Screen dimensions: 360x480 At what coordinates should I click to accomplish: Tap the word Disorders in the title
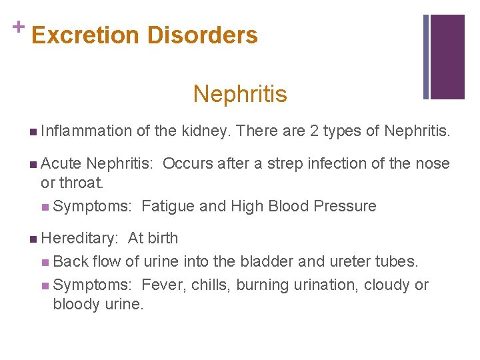click(203, 35)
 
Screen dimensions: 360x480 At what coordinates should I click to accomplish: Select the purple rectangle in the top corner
click(447, 57)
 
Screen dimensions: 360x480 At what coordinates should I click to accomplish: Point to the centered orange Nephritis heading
click(240, 94)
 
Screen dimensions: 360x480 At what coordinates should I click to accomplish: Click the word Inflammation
click(86, 131)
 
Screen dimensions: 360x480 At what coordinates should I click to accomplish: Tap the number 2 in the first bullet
click(314, 131)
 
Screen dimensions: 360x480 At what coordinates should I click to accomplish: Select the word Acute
click(61, 163)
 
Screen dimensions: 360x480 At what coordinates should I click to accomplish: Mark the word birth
click(162, 238)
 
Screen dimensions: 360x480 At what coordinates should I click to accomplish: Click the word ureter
click(349, 261)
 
